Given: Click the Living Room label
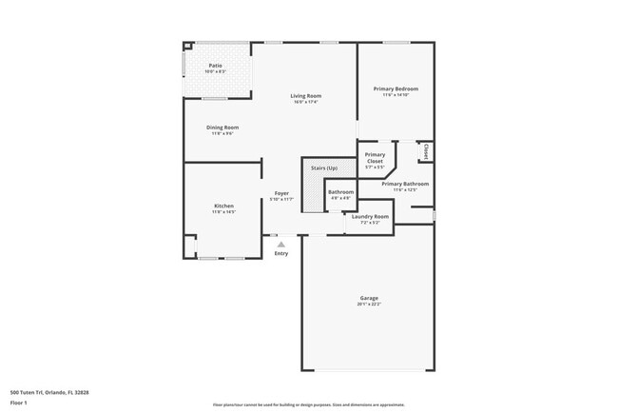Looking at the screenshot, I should pos(305,95).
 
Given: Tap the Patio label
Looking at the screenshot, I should pos(216,66).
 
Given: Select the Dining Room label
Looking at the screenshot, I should pos(222,128).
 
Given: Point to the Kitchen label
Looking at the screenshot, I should pos(223,206).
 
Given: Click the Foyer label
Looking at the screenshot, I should pos(281,193).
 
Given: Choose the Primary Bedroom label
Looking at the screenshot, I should pos(396,89).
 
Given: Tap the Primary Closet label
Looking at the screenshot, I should pos(376,158).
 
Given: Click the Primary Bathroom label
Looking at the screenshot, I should pos(405,184).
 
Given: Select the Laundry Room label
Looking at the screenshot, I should pos(370,216).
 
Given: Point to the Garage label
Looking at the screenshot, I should pos(369,298).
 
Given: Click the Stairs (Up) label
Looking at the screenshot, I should pos(324,167).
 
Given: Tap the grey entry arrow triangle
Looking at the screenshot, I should pos(280,245).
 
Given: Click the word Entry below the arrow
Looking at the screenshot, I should pos(280,253).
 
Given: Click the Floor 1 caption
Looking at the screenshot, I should pos(20,403).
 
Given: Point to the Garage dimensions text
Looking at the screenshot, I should pos(369,305).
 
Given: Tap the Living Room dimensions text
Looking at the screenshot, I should pos(305,102).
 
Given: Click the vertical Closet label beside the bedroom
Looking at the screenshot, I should pos(425,151).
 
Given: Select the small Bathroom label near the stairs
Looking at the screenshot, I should pos(340,192).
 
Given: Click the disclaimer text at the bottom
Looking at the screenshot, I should pos(308,404).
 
